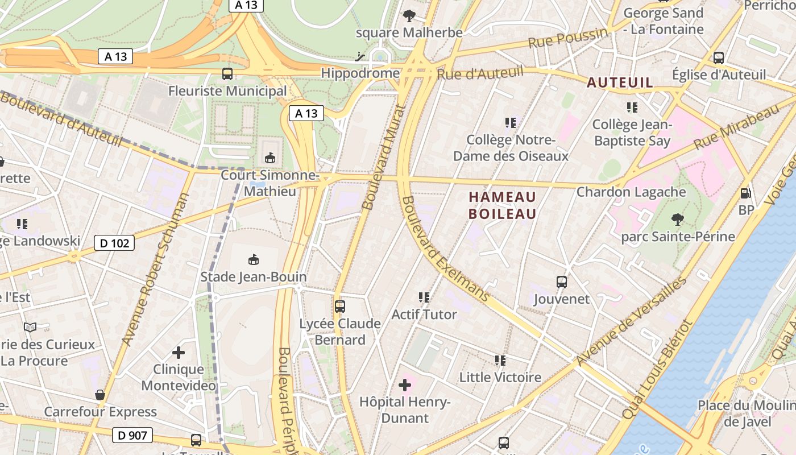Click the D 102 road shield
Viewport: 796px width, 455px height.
point(114,243)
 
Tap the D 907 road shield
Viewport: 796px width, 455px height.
point(132,436)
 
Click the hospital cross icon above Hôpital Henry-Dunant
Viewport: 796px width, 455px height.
point(405,386)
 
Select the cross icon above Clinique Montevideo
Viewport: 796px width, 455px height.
point(179,353)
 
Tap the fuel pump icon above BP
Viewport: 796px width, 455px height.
point(745,193)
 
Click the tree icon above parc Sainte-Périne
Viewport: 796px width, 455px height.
point(677,219)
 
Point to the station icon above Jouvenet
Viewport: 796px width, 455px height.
point(562,282)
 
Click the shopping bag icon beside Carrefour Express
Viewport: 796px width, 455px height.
point(100,395)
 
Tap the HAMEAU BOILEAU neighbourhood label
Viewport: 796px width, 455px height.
point(503,205)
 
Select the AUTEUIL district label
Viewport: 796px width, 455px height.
point(620,82)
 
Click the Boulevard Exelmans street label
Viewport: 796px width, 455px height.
point(445,249)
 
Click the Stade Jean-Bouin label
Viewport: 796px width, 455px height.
point(254,277)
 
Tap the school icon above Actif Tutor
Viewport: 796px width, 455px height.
point(424,297)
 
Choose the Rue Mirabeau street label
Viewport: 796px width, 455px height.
point(736,126)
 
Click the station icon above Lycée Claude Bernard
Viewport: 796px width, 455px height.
point(340,307)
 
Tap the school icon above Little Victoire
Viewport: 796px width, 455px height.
point(500,360)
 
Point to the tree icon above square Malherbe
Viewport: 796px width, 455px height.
point(409,15)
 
